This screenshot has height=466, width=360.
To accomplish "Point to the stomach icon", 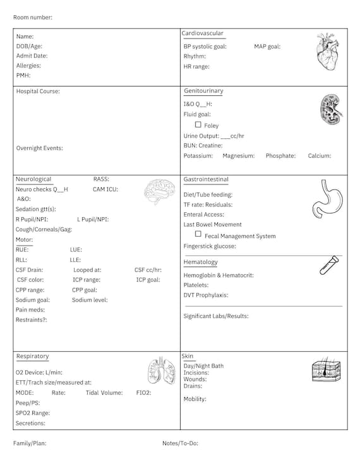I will point(325,198).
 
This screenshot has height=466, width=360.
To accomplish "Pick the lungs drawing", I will point(161,371).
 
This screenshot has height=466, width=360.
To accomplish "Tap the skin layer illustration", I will point(327,371).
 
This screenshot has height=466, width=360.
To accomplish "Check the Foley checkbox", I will point(198,125).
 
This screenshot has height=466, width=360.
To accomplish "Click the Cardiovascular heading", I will point(202,33).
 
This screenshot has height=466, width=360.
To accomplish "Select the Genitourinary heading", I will point(203,91).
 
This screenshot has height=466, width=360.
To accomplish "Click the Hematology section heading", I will point(200,262).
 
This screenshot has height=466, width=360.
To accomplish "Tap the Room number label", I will point(33,17).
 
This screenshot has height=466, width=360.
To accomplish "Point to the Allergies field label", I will point(28,66).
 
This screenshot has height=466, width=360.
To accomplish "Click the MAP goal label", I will point(267,47).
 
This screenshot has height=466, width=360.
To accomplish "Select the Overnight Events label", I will point(39,148).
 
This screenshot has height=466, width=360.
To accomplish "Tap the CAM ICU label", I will point(105,189).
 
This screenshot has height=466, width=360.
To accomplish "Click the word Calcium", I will point(320,156).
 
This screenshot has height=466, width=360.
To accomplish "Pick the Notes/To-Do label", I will point(180,443).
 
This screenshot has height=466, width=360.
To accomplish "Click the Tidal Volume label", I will point(104,393).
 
